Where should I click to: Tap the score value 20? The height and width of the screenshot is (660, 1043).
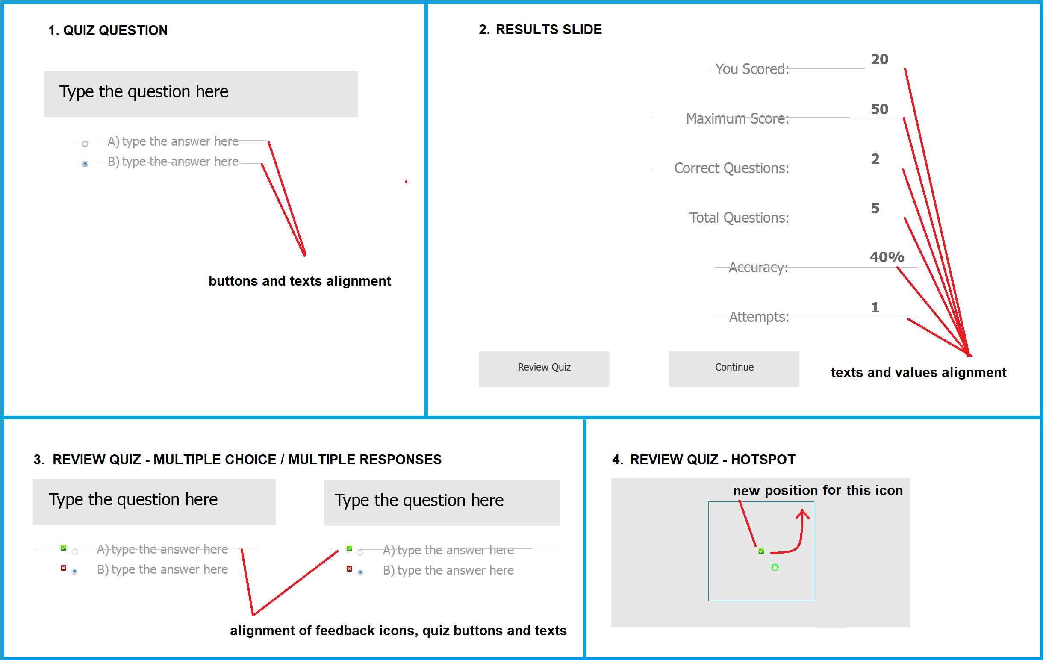880,59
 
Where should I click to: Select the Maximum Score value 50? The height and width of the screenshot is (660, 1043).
880,109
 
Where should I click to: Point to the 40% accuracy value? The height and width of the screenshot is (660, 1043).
887,257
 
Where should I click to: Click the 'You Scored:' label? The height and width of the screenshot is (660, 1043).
752,69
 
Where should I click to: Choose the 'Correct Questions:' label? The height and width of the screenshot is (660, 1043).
731,168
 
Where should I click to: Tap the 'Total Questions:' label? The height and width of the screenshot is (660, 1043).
739,218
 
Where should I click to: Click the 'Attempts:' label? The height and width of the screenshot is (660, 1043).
759,317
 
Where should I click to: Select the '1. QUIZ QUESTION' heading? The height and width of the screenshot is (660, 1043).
108,30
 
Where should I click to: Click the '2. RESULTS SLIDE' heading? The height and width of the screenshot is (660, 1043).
540,29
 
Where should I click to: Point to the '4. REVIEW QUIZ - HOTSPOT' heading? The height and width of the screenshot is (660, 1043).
704,459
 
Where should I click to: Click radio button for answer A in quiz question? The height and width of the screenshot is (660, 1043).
85,144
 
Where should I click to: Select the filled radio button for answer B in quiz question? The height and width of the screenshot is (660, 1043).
85,164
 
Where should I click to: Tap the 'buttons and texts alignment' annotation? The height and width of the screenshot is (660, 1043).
300,281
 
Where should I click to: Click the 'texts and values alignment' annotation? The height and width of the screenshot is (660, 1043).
919,372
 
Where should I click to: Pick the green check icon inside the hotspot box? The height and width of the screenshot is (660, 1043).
761,551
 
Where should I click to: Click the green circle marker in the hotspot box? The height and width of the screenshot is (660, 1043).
775,567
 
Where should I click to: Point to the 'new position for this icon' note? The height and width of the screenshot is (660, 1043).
818,490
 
